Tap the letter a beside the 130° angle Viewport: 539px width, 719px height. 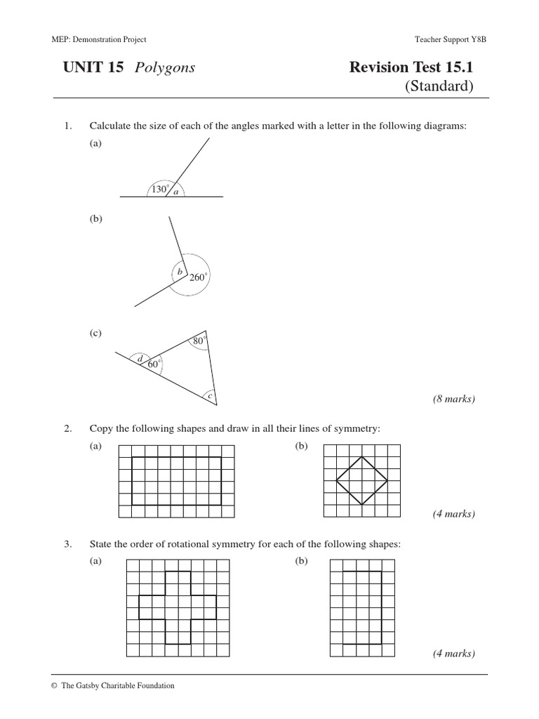[175, 192]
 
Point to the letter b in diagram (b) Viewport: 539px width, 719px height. [180, 271]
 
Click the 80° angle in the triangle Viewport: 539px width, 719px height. [199, 341]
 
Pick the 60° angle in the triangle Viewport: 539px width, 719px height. [154, 364]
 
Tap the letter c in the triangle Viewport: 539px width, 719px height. [210, 397]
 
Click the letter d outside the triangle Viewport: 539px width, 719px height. [140, 359]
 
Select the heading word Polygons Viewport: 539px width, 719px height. [166, 67]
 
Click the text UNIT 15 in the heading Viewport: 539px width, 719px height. [93, 67]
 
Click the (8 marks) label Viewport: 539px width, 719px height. [453, 399]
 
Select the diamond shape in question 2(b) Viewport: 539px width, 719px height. [361, 480]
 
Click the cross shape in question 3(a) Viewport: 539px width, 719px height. [178, 607]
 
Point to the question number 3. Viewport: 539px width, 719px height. [67, 543]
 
